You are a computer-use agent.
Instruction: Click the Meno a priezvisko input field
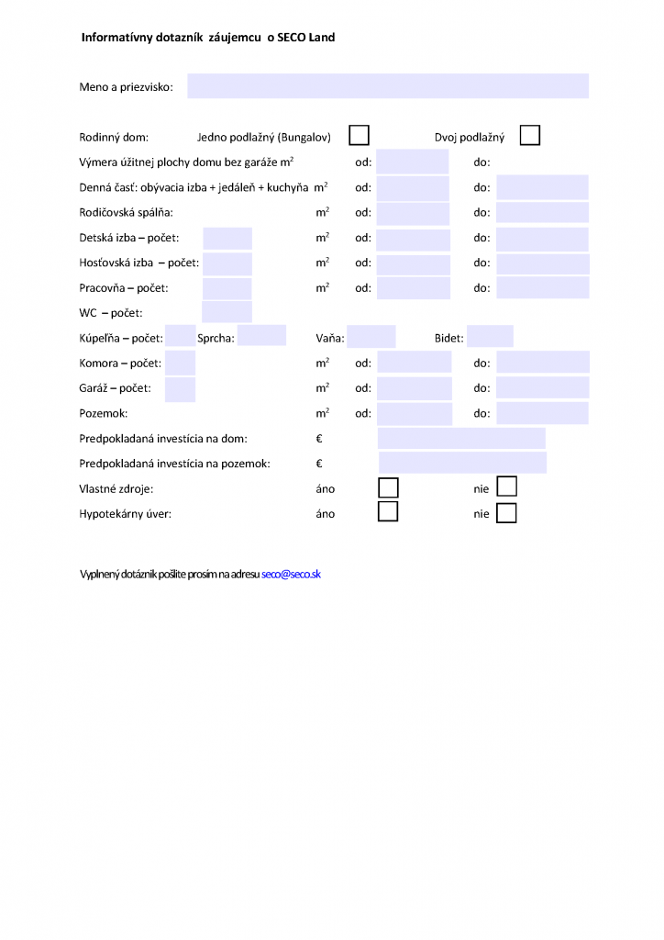387,86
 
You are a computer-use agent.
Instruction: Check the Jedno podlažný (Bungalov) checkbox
359,136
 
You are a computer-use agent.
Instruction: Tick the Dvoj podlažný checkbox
529,136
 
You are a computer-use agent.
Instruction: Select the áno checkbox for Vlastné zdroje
388,487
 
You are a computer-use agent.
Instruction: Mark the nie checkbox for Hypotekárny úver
506,513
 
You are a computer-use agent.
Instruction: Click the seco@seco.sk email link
291,574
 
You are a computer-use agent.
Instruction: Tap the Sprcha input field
261,336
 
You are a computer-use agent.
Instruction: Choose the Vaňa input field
371,337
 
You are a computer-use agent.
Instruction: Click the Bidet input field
490,337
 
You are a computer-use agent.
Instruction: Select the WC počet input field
227,312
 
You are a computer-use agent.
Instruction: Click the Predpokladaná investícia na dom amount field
461,439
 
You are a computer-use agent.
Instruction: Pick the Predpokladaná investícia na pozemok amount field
462,463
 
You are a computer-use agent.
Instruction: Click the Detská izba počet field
227,239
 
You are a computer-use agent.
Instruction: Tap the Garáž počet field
180,389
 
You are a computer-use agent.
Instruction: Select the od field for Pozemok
415,414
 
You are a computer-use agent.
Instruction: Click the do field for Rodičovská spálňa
542,213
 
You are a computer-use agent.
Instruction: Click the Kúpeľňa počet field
180,337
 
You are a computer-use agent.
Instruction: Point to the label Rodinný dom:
114,138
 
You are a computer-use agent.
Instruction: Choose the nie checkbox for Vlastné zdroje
506,487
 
